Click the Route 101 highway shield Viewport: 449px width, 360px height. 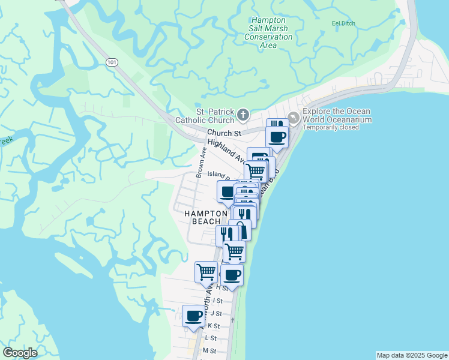point(112,62)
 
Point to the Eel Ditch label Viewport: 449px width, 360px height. point(343,23)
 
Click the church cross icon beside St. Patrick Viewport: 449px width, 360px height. point(243,114)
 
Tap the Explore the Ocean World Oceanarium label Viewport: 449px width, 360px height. point(337,115)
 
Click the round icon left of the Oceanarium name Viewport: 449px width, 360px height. point(294,118)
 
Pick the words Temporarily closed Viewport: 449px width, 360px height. point(331,127)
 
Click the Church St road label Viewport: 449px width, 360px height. point(224,133)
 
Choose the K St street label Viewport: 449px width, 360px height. point(214,326)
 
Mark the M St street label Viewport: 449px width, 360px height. point(209,350)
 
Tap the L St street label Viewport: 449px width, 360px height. point(211,338)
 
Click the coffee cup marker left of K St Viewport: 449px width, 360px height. point(194,316)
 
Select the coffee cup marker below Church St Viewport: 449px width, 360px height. point(277,136)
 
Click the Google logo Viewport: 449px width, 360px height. point(20,353)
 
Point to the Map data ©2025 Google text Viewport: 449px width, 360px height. point(412,355)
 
